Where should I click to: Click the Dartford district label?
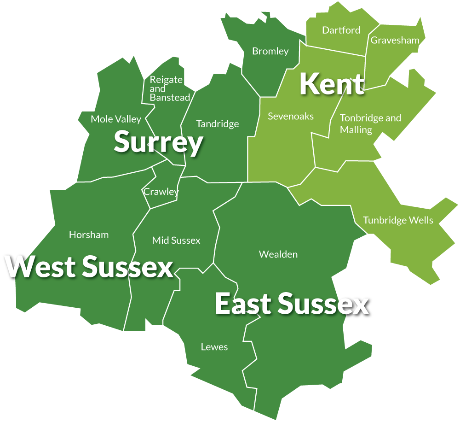point(341,30)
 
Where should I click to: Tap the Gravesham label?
point(395,40)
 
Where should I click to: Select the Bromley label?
point(270,51)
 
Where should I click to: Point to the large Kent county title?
point(332,84)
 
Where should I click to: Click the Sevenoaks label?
point(291,116)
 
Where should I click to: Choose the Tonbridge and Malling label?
point(370,124)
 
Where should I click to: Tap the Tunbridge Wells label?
point(398,220)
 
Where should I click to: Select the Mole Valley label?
point(115,119)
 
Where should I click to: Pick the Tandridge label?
point(217,124)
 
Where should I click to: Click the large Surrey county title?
point(158,142)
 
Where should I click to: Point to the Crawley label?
point(161,192)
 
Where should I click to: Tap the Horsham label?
point(89,235)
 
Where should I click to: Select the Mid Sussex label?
point(176,240)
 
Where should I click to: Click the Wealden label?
point(278,254)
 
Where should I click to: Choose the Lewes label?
point(214,347)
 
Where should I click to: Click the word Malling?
point(356,130)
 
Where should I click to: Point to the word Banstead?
point(170,98)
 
